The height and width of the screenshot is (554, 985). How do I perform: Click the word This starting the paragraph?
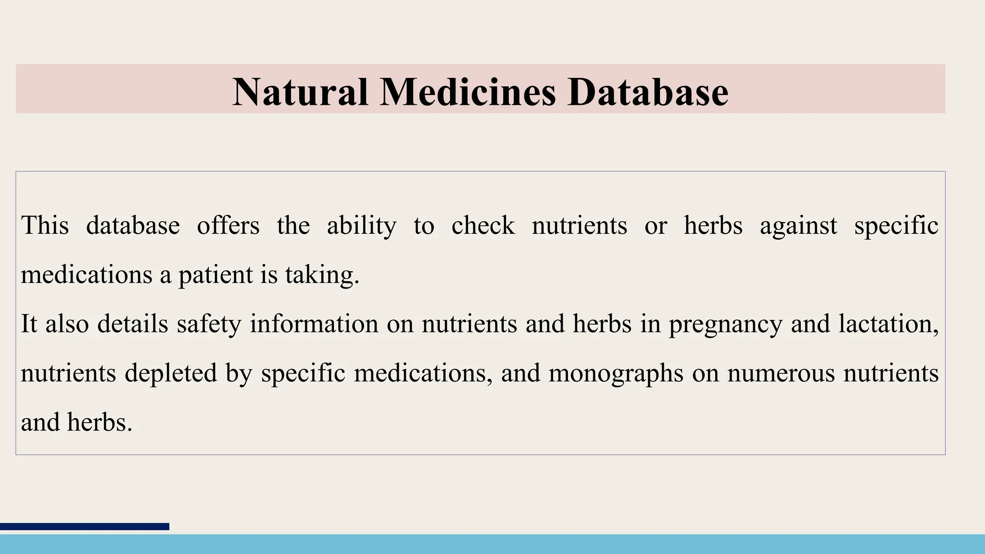tap(45, 225)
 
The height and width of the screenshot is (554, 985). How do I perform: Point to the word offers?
tap(228, 225)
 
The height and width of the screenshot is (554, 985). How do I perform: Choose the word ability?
tap(362, 226)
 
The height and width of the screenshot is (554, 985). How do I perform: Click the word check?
tap(483, 225)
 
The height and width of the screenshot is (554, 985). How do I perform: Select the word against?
tap(798, 226)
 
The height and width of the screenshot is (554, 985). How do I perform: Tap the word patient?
tap(215, 276)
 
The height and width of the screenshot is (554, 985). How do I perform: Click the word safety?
tap(209, 324)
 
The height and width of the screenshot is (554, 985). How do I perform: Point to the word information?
tap(314, 323)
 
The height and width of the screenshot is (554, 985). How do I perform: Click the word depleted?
tap(171, 374)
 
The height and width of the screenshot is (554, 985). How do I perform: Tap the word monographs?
tap(616, 374)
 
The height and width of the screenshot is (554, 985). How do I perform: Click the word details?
tap(133, 323)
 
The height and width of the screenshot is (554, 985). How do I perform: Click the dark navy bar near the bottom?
tap(85, 527)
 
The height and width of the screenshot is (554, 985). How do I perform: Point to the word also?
tap(67, 323)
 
